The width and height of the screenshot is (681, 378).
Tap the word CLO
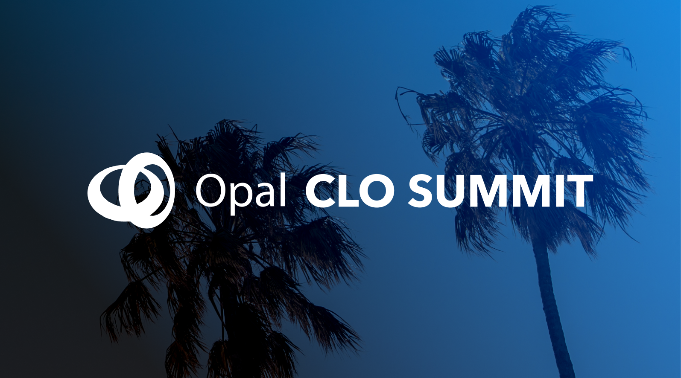[350, 191]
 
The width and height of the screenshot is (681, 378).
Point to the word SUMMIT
[500, 191]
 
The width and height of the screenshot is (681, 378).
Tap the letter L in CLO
[349, 191]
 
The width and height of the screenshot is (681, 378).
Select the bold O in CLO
[377, 191]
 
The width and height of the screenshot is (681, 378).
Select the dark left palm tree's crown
[231, 243]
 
